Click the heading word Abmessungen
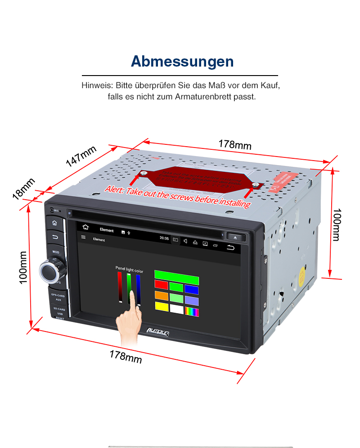(x=182, y=62)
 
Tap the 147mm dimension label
(x=81, y=157)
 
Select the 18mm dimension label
(x=23, y=188)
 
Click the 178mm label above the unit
(x=235, y=145)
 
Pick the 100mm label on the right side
(x=337, y=224)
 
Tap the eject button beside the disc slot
(x=236, y=237)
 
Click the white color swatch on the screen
(x=177, y=309)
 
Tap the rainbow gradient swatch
(x=192, y=312)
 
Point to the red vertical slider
(x=120, y=287)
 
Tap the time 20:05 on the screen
(x=164, y=239)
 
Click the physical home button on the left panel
(x=54, y=223)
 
